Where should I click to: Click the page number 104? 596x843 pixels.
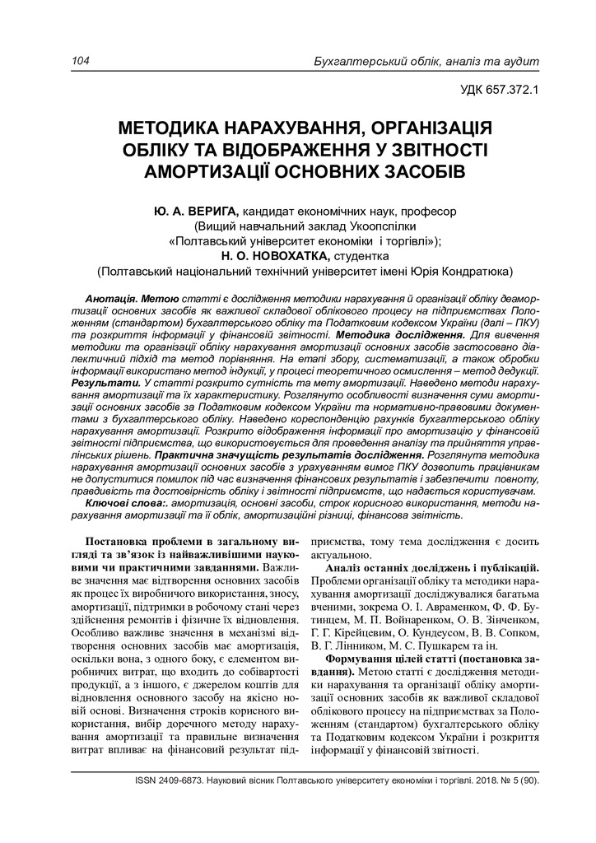[81, 62]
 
